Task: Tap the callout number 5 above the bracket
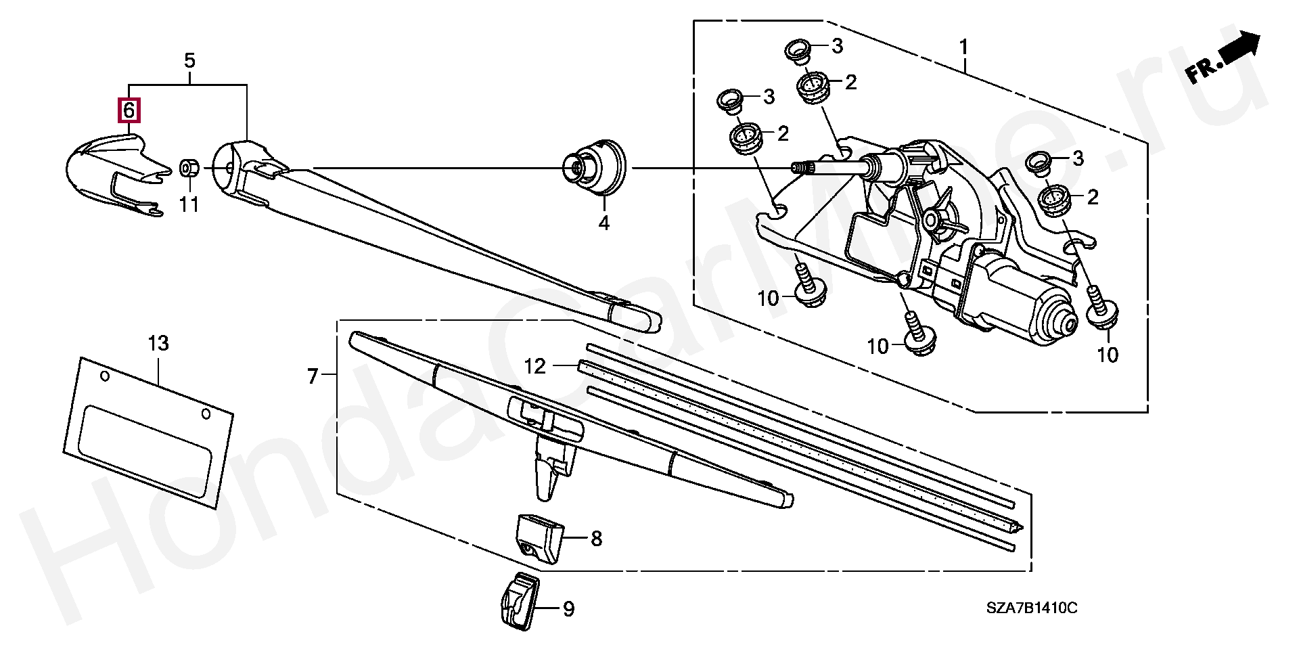pyautogui.click(x=189, y=61)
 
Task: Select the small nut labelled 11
pyautogui.click(x=188, y=166)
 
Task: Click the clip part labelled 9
pyautogui.click(x=519, y=605)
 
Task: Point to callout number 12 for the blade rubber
pyautogui.click(x=534, y=367)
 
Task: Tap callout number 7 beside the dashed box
pyautogui.click(x=312, y=376)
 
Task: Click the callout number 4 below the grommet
pyautogui.click(x=603, y=223)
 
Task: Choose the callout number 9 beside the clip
pyautogui.click(x=568, y=610)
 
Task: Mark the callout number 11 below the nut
pyautogui.click(x=189, y=204)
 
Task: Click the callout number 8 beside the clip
pyautogui.click(x=595, y=539)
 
